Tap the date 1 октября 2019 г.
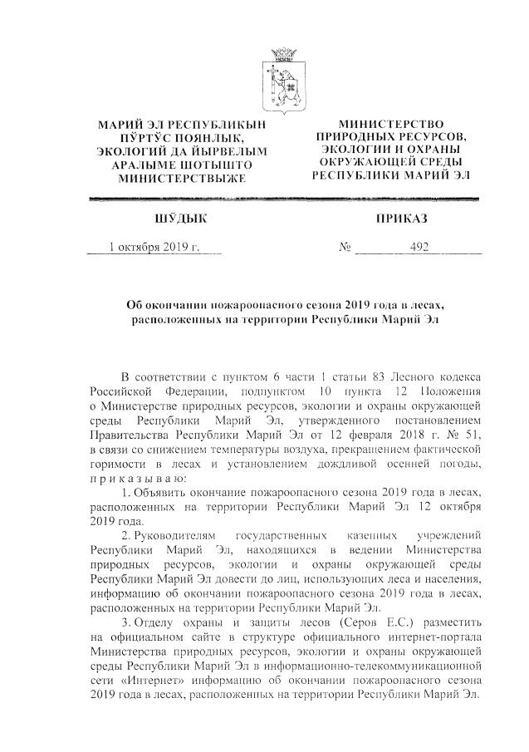click(154, 247)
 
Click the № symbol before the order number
click(346, 248)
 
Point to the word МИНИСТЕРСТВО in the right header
click(390, 123)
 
